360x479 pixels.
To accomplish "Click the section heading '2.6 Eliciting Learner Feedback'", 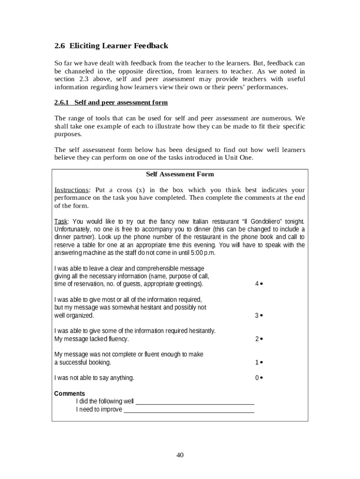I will [x=111, y=46].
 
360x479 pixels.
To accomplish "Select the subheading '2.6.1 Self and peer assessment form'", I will [x=111, y=102].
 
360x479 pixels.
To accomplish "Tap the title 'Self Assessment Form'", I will [x=180, y=174].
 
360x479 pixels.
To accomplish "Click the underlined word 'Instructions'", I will [x=72, y=190].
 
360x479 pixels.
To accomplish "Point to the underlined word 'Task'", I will [x=61, y=221].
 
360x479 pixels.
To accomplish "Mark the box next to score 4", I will [x=261, y=284].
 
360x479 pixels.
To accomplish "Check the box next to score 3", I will [x=261, y=315].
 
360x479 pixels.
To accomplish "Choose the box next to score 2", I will [x=261, y=339].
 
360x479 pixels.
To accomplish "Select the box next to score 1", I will [x=261, y=362].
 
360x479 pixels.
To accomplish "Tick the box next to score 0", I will [x=261, y=378].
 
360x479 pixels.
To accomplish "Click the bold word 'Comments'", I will [x=70, y=393].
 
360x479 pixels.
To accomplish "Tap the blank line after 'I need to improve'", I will [x=189, y=410].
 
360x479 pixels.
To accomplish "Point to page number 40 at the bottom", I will [x=180, y=455].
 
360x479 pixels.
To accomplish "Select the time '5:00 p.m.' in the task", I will [x=203, y=253].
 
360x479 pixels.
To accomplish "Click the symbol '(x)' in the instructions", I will [x=141, y=190].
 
